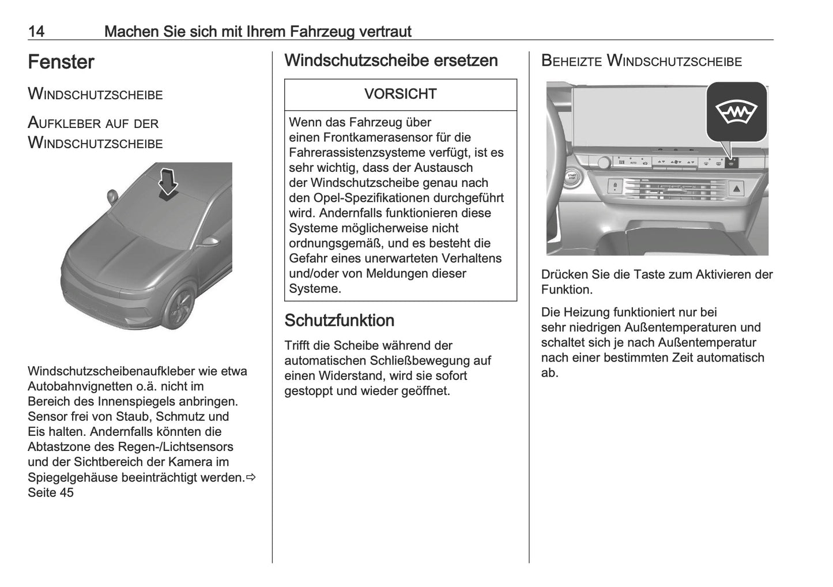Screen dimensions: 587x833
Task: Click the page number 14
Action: (x=36, y=31)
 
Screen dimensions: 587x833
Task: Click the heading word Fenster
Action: (x=61, y=62)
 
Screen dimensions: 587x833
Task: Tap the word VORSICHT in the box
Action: (x=400, y=94)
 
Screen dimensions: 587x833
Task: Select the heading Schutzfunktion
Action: (x=340, y=321)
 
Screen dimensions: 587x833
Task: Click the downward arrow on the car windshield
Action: (x=168, y=184)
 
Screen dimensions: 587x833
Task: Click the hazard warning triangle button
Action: (x=737, y=188)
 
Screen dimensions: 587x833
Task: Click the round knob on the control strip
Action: (x=603, y=163)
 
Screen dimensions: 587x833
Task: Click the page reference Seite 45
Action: (x=51, y=492)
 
